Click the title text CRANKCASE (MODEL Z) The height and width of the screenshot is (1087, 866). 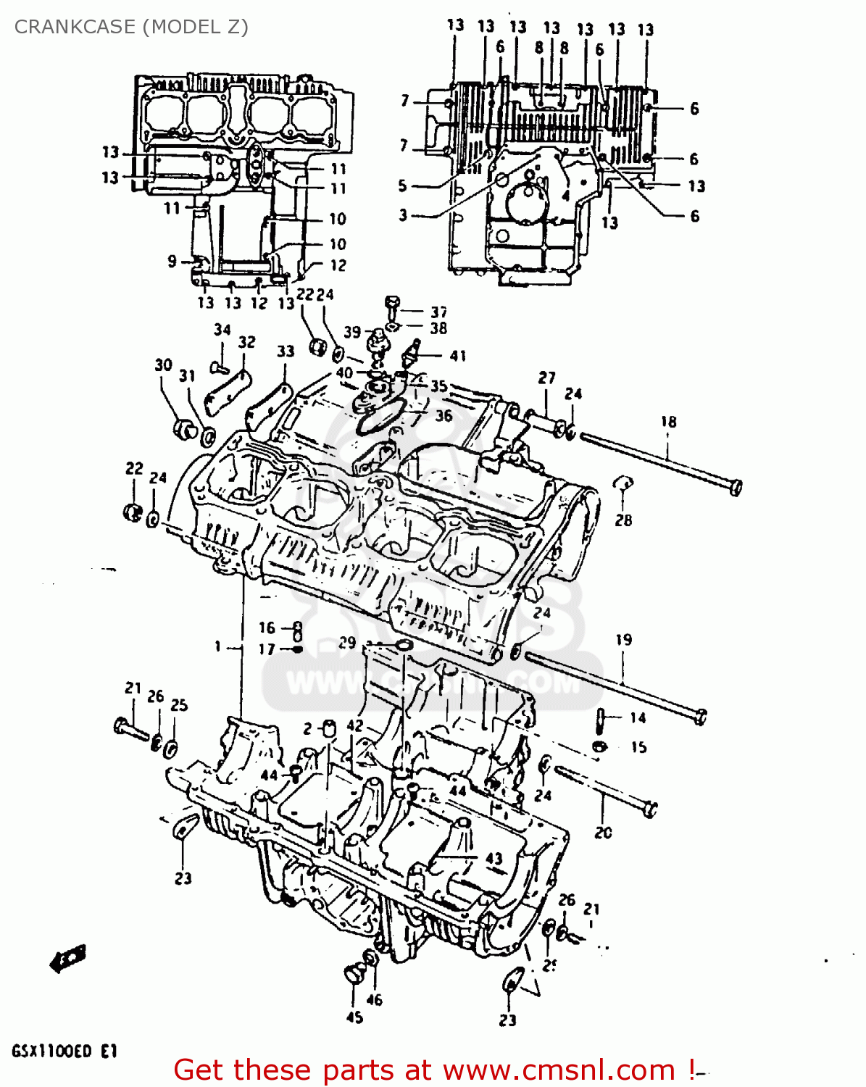coord(131,27)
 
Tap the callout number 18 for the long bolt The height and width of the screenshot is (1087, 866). coord(668,422)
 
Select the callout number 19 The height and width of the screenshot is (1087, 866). coord(623,640)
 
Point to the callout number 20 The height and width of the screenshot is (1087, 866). coord(603,833)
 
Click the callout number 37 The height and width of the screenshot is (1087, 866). coord(438,312)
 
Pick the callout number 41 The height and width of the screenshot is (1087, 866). coord(457,356)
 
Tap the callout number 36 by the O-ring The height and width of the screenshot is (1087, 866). coord(443,415)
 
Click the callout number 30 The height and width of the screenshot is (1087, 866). coord(164,365)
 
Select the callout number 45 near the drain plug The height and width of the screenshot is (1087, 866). coord(354,1017)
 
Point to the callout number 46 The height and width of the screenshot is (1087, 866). coord(374,1000)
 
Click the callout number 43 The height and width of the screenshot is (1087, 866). coord(494,858)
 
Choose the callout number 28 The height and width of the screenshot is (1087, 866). coord(623,520)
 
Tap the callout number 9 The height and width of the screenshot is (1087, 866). coord(172,261)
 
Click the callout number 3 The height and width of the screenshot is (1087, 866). coord(404,215)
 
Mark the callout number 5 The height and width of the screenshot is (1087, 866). coord(403,186)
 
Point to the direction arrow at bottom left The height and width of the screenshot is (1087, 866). coord(68,958)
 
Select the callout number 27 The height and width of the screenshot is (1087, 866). coord(546,378)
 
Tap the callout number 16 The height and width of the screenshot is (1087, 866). coord(267,628)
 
